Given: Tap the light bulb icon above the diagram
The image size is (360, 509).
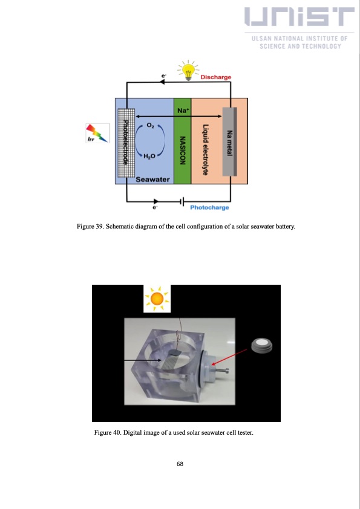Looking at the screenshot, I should pos(189,70).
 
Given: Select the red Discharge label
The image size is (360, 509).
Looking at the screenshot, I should pos(215,77).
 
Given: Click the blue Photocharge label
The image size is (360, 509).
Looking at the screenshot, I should pos(209,207).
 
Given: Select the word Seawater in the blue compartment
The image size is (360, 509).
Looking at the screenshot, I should pos(152,179).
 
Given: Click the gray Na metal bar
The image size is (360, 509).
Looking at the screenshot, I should pos(229,141).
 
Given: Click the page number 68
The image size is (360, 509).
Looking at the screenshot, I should pos(180,464).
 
